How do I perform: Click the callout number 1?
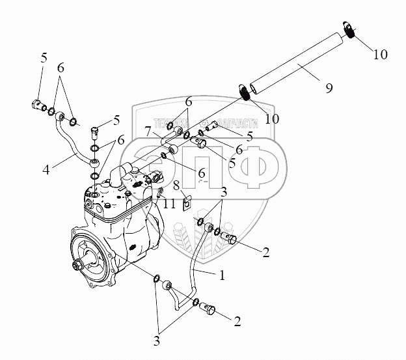[x=223, y=275]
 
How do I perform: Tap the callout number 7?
[x=149, y=132]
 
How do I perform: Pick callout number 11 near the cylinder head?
[x=169, y=204]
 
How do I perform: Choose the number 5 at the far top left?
[x=44, y=57]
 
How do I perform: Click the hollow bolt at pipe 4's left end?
[x=37, y=105]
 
